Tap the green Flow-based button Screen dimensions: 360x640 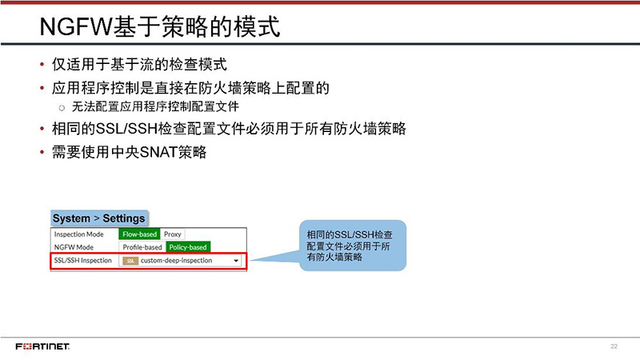coord(139,234)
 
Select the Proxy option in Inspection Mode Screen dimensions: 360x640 coord(173,234)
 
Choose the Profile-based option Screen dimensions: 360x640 coord(142,247)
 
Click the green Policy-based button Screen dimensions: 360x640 coord(187,247)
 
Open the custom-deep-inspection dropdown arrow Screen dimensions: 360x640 coord(236,261)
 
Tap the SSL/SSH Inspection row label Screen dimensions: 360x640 coord(82,261)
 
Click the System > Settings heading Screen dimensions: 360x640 coord(98,218)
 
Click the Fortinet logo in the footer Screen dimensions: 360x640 coord(42,346)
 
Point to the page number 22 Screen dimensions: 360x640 coord(614,346)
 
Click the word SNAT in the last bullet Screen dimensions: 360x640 coord(158,151)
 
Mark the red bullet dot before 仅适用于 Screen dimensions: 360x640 coord(42,65)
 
